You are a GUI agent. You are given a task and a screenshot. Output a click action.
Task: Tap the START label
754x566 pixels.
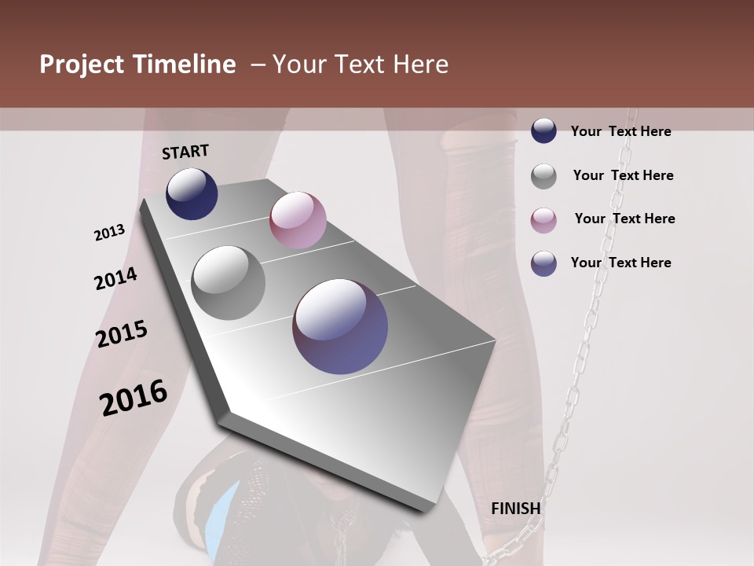tap(185, 152)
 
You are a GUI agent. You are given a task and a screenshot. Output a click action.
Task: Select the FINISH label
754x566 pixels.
tap(516, 509)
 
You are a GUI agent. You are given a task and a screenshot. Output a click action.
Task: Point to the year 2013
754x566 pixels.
tap(110, 233)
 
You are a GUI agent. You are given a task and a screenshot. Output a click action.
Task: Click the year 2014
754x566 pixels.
tap(115, 278)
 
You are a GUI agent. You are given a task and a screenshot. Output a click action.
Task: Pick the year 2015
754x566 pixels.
tap(122, 334)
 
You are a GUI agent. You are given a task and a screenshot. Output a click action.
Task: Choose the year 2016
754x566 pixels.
tap(134, 397)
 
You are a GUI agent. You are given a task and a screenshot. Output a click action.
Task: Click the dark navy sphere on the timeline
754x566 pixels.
tap(192, 193)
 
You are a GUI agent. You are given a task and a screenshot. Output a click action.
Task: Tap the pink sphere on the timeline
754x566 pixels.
tap(298, 220)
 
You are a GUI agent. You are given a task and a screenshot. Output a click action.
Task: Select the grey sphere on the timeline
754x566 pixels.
tap(228, 283)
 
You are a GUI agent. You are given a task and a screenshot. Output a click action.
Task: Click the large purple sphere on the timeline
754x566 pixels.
tap(340, 326)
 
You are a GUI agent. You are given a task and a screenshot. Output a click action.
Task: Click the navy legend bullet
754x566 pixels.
tap(544, 130)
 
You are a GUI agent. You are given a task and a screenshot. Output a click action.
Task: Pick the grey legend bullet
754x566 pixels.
tap(544, 176)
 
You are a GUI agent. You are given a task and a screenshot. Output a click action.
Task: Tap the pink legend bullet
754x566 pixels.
tap(544, 220)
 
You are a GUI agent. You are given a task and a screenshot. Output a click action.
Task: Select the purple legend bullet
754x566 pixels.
tap(544, 263)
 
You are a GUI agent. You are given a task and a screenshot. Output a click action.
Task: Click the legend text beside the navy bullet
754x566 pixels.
tap(620, 131)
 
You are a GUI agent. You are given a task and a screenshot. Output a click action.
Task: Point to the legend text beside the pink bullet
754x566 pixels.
tap(624, 219)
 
